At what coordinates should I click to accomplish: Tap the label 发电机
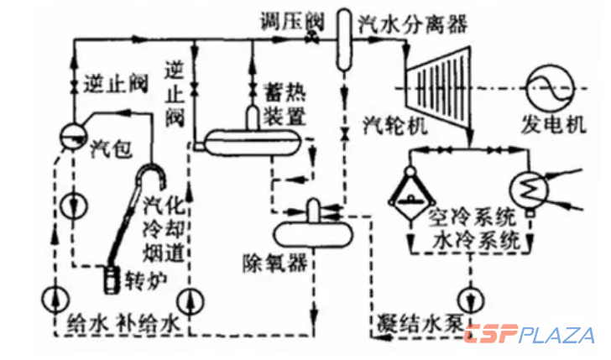(x=551, y=127)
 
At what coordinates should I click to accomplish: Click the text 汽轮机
(x=395, y=125)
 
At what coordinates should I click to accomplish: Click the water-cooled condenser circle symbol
(x=530, y=190)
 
